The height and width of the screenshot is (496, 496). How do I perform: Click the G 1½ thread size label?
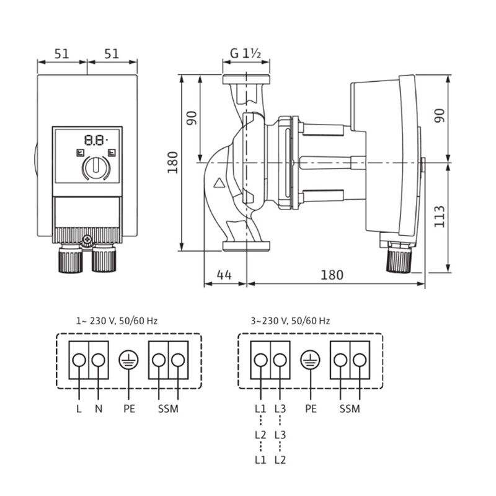(x=245, y=54)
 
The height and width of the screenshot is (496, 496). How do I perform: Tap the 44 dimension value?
(x=225, y=275)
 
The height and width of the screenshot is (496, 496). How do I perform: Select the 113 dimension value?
(x=440, y=216)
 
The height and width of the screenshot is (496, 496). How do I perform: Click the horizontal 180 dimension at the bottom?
(x=332, y=275)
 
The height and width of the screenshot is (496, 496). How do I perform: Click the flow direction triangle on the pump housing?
(x=218, y=184)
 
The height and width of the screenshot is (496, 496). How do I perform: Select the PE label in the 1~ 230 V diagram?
(x=130, y=409)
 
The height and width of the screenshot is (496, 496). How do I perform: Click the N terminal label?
(x=99, y=409)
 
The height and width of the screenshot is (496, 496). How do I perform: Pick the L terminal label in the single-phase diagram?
(x=79, y=409)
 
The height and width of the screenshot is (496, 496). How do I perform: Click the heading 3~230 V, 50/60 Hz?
(x=290, y=321)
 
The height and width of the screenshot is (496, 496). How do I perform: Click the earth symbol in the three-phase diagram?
(x=308, y=360)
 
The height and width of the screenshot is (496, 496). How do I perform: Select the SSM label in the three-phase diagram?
(x=350, y=409)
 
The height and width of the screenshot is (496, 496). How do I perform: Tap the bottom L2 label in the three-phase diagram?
(x=280, y=460)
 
